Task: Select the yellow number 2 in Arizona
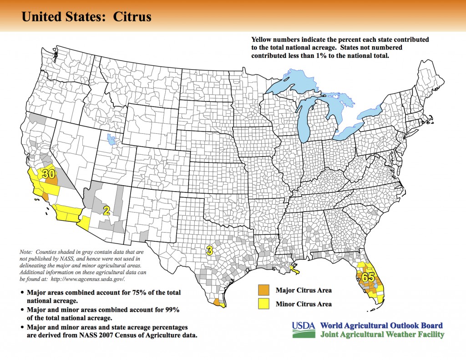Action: click(106, 210)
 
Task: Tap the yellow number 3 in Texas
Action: click(209, 249)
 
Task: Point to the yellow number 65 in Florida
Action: click(368, 276)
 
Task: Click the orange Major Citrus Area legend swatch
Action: click(263, 290)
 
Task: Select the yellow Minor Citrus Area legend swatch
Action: click(263, 304)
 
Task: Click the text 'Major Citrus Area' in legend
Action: click(304, 290)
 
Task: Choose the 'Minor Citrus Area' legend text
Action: click(304, 304)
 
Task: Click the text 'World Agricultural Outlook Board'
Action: click(381, 326)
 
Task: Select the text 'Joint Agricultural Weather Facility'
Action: click(382, 335)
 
